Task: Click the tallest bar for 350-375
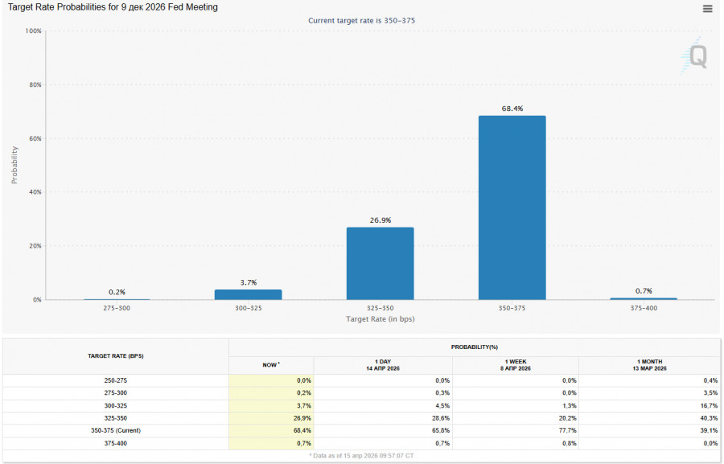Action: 512,207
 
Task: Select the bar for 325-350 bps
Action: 380,263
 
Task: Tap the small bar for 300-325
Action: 248,294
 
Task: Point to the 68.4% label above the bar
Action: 512,109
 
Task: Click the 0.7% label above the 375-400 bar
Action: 643,291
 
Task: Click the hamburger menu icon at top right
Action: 707,9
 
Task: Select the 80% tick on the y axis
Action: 34,84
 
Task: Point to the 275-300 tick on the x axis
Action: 117,309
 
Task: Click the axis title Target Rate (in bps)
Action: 380,319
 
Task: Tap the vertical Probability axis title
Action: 14,165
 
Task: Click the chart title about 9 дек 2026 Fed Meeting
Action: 113,7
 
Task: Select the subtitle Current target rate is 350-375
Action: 361,20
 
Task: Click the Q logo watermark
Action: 697,56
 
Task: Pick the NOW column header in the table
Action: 272,365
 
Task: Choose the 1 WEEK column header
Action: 515,365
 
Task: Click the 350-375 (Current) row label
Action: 117,430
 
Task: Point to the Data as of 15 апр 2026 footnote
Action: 361,456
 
